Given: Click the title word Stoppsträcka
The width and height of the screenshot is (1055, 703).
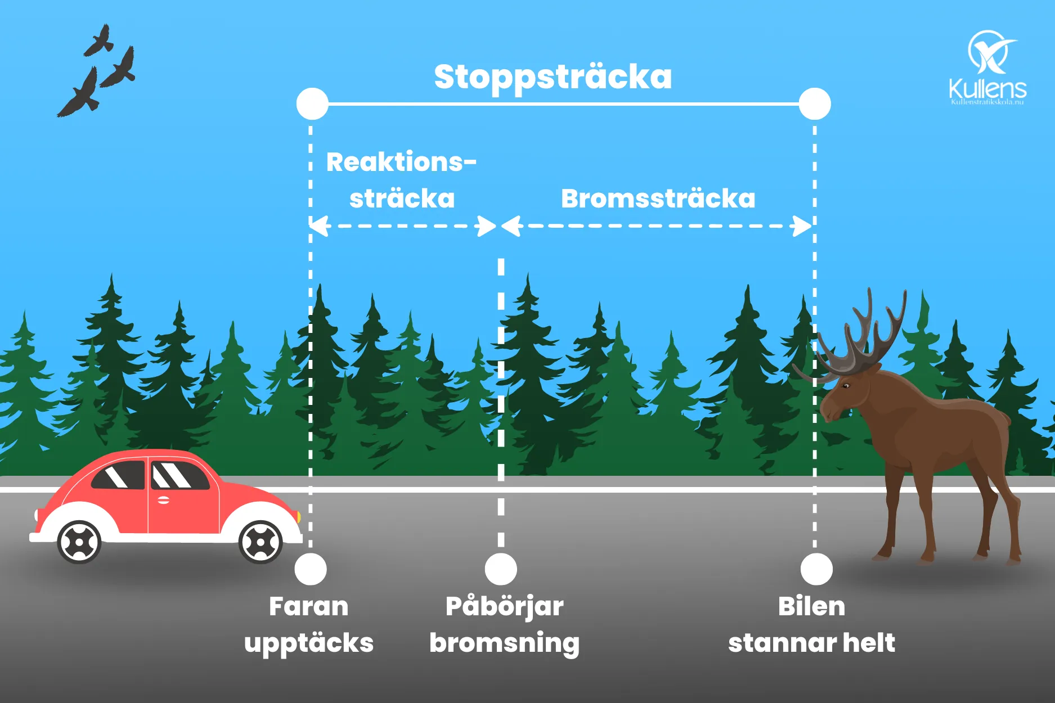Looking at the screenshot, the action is pyautogui.click(x=553, y=78).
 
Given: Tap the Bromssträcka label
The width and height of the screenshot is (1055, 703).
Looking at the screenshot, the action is pyautogui.click(x=658, y=199).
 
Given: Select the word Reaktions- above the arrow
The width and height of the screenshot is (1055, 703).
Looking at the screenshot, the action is pyautogui.click(x=401, y=162).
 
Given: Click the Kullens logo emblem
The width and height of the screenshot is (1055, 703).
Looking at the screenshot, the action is pyautogui.click(x=991, y=52).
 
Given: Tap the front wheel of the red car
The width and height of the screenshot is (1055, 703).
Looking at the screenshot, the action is pyautogui.click(x=261, y=542).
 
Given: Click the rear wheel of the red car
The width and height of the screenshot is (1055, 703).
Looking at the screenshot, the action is pyautogui.click(x=79, y=542).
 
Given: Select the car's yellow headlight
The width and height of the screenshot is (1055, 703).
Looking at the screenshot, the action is pyautogui.click(x=298, y=516).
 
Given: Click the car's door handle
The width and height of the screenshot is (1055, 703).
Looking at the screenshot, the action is pyautogui.click(x=163, y=500).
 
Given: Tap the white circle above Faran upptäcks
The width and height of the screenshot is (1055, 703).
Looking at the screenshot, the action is pyautogui.click(x=311, y=569).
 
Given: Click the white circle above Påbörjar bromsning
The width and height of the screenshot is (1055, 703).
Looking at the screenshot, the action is pyautogui.click(x=501, y=569).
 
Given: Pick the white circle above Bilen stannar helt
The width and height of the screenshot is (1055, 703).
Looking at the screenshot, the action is pyautogui.click(x=816, y=569).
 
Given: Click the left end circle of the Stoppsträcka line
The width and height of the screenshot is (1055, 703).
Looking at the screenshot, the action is pyautogui.click(x=312, y=104).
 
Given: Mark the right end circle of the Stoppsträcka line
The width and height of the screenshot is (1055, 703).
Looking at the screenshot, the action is pyautogui.click(x=815, y=104).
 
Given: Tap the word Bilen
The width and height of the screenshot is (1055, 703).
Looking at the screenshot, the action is pyautogui.click(x=811, y=606).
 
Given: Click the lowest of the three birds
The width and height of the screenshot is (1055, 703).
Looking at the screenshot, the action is pyautogui.click(x=79, y=93).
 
